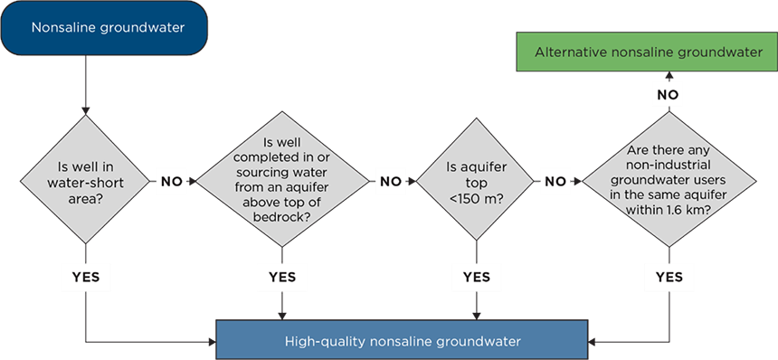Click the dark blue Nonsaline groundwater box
click(108, 27)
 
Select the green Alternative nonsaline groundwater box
click(647, 52)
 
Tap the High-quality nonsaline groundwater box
click(403, 341)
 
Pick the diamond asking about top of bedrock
click(282, 180)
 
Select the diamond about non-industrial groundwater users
click(669, 180)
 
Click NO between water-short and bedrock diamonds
click(172, 181)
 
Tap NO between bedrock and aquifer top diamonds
click(391, 181)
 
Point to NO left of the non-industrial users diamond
click(556, 181)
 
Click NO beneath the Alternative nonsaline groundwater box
click(669, 93)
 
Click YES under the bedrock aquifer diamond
click(282, 276)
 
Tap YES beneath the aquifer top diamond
click(476, 276)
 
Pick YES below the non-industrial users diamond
click(669, 276)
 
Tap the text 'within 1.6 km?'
click(669, 208)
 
